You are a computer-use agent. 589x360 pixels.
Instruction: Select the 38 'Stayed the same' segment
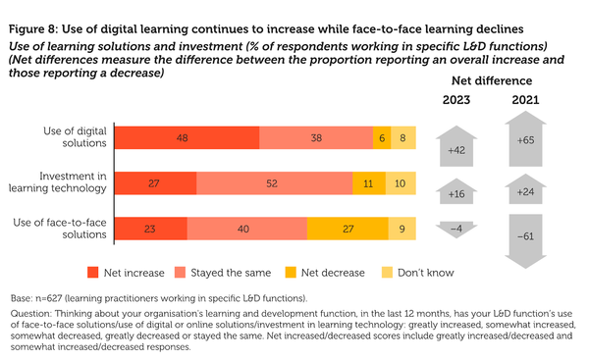(316, 138)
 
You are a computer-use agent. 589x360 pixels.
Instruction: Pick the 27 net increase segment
(155, 183)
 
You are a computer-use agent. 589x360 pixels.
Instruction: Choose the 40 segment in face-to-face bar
(244, 228)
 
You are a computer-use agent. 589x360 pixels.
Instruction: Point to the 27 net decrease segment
(348, 228)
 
